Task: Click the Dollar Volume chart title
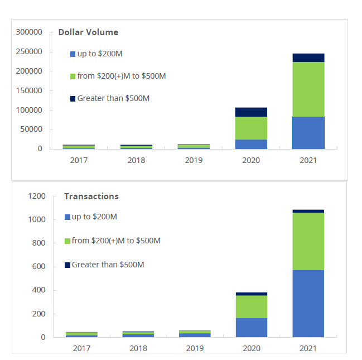(88, 32)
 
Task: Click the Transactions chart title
(91, 196)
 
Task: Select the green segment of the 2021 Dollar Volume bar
(308, 89)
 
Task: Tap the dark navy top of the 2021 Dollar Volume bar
(308, 57)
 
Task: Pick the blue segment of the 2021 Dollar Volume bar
(308, 133)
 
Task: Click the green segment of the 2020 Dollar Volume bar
(251, 128)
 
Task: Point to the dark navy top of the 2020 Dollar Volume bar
(251, 112)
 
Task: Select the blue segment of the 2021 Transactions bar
(308, 303)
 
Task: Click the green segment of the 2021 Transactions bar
(308, 241)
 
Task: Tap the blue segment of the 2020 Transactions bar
(251, 327)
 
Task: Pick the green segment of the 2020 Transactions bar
(251, 306)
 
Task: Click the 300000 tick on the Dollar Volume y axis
(29, 32)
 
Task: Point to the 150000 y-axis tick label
(29, 90)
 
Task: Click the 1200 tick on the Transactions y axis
(36, 196)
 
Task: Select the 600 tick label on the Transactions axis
(38, 267)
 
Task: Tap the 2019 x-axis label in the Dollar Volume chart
(194, 160)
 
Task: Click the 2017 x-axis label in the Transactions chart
(81, 348)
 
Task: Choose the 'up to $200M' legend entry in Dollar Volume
(96, 54)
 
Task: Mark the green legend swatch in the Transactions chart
(67, 241)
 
